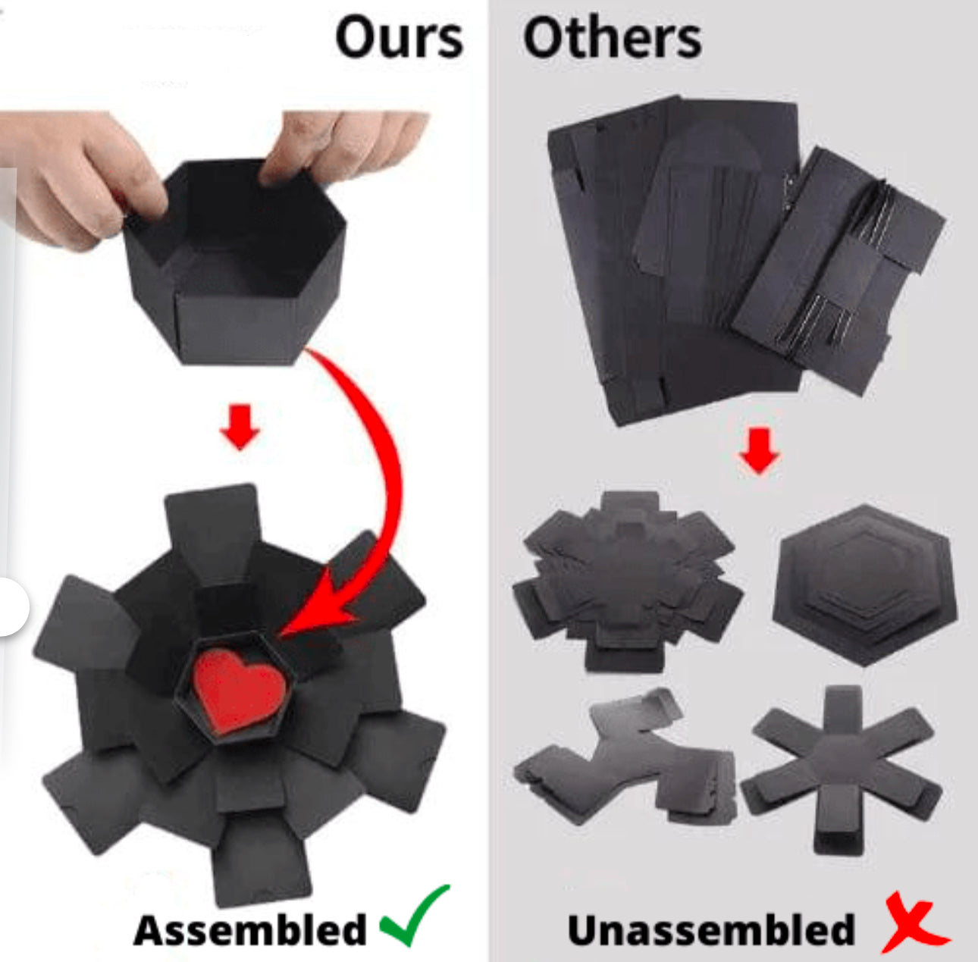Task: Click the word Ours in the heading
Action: coord(399,39)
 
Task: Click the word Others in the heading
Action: coord(613,39)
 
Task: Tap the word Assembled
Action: coord(249,930)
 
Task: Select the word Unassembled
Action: coord(712,930)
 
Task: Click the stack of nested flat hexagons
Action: coord(864,584)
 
